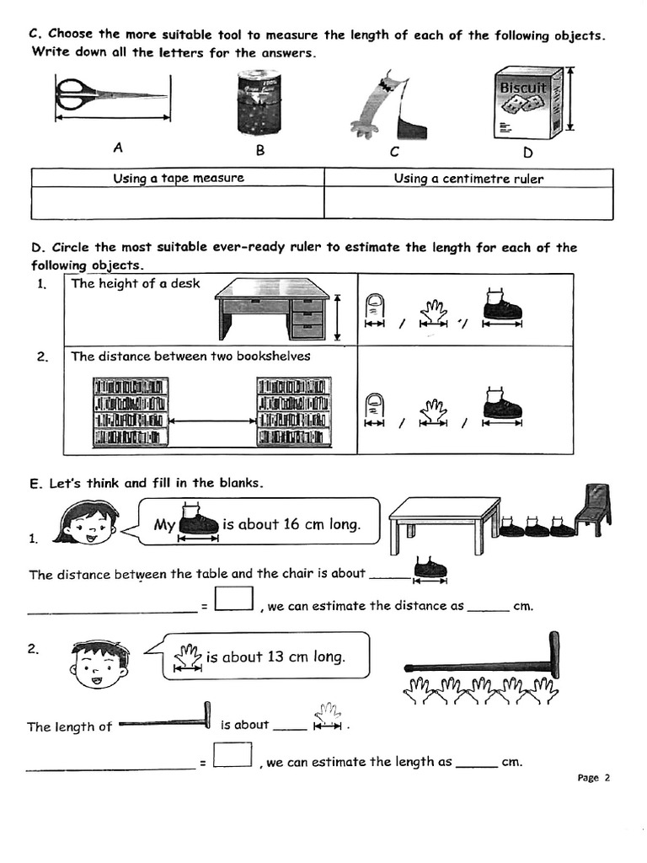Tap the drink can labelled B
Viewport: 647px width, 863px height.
(x=260, y=102)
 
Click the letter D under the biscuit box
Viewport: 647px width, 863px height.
(x=528, y=153)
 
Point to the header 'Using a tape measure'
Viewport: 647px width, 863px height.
(x=179, y=178)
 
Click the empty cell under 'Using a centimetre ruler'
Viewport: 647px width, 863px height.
(x=468, y=203)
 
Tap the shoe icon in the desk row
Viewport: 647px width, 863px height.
(x=502, y=305)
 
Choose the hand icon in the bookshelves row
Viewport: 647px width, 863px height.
(x=434, y=412)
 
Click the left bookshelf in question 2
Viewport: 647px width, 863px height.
(x=130, y=411)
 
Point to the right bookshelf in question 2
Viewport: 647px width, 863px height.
(x=293, y=411)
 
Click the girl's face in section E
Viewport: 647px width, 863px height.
(x=86, y=523)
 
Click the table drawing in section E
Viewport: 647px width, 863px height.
(x=440, y=523)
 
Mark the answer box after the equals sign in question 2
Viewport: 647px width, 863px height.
(x=233, y=754)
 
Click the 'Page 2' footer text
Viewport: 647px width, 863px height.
(x=593, y=778)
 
